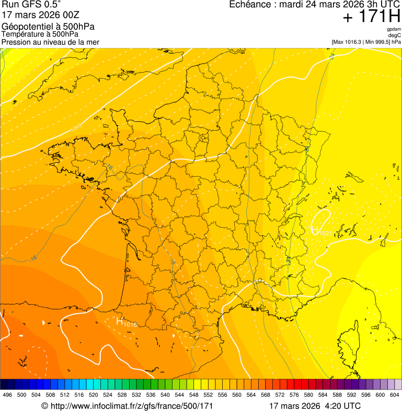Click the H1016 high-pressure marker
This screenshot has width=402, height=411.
coord(126,323)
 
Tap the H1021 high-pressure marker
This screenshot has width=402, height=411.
coord(320,231)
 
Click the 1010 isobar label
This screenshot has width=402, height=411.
coord(76,127)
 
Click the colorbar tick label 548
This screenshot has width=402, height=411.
coord(193,395)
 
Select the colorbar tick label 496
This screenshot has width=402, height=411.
coord(7,395)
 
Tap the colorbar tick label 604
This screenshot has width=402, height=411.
coord(394,395)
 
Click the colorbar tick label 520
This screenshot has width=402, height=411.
coord(93,395)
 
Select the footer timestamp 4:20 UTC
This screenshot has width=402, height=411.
coord(343,406)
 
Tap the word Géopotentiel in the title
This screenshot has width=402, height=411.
coord(24,26)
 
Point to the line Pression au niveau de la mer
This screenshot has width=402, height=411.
coord(50,42)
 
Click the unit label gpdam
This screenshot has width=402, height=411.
coord(394,29)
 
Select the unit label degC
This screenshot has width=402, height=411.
coord(395,35)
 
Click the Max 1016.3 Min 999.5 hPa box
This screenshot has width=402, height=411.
coord(366,42)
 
